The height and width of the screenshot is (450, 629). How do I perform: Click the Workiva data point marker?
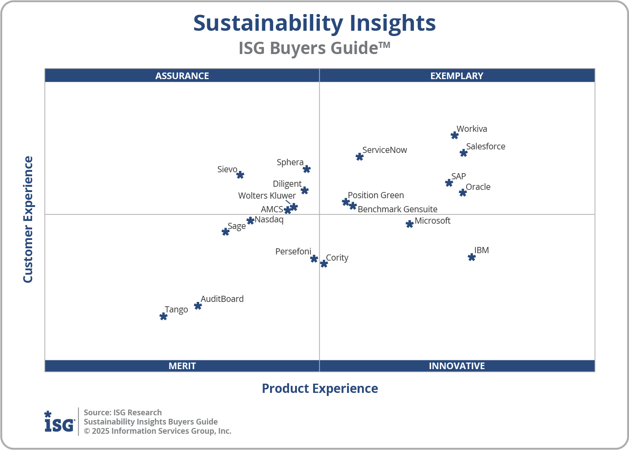(x=455, y=135)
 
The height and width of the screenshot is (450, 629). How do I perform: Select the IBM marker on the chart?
(x=472, y=257)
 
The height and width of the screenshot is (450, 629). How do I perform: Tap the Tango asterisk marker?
(x=163, y=316)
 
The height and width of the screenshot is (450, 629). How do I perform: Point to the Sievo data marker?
(x=240, y=175)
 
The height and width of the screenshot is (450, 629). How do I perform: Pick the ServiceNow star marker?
(x=359, y=157)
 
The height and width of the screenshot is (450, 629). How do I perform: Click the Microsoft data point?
(x=410, y=224)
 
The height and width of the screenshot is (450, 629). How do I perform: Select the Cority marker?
(x=324, y=264)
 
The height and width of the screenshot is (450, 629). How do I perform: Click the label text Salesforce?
(x=486, y=146)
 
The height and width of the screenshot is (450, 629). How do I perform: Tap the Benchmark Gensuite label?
(x=397, y=209)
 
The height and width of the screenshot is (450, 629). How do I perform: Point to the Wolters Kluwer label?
(x=267, y=196)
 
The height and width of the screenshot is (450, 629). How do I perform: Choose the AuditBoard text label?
(x=222, y=299)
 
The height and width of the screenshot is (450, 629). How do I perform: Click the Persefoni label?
(x=293, y=251)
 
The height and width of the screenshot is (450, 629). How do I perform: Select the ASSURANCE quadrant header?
(x=182, y=76)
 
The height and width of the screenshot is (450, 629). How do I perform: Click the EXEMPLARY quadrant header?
(x=457, y=76)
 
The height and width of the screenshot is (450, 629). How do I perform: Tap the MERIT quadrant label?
(x=182, y=366)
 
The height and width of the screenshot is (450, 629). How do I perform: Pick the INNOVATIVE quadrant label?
(x=457, y=366)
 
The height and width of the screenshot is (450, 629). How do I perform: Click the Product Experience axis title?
(x=320, y=388)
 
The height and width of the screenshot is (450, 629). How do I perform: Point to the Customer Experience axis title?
(x=28, y=220)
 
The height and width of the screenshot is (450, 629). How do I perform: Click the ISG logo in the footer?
(x=59, y=422)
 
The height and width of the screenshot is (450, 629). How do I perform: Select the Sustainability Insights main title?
(x=314, y=23)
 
